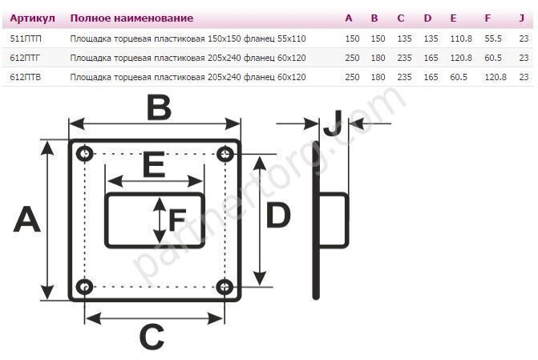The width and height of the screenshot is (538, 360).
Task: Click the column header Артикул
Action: coord(32,18)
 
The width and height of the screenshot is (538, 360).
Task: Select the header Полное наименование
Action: coord(131,18)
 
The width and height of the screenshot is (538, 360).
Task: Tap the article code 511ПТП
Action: coord(27,38)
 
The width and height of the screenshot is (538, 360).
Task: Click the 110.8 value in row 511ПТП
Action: coord(460,38)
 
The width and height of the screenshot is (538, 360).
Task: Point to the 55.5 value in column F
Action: coord(493,38)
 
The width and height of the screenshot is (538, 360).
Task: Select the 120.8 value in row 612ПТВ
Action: coord(495,77)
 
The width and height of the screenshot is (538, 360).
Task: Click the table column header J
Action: coord(522,18)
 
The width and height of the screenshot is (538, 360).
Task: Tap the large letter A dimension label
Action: coord(26,219)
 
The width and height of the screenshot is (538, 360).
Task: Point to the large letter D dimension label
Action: coord(278,216)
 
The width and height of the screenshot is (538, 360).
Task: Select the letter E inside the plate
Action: coord(154,165)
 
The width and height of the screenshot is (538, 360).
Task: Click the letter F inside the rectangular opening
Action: coord(177,219)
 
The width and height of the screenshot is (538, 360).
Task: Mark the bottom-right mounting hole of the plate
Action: coord(225,285)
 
